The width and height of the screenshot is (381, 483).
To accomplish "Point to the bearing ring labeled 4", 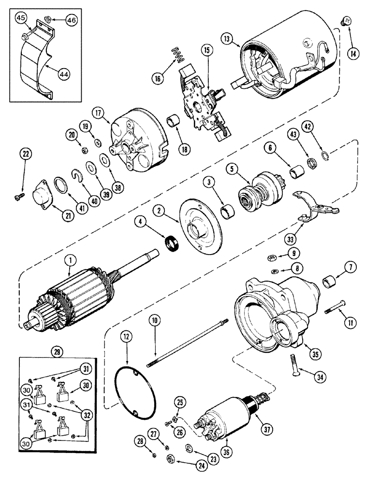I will pos(171,243).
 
